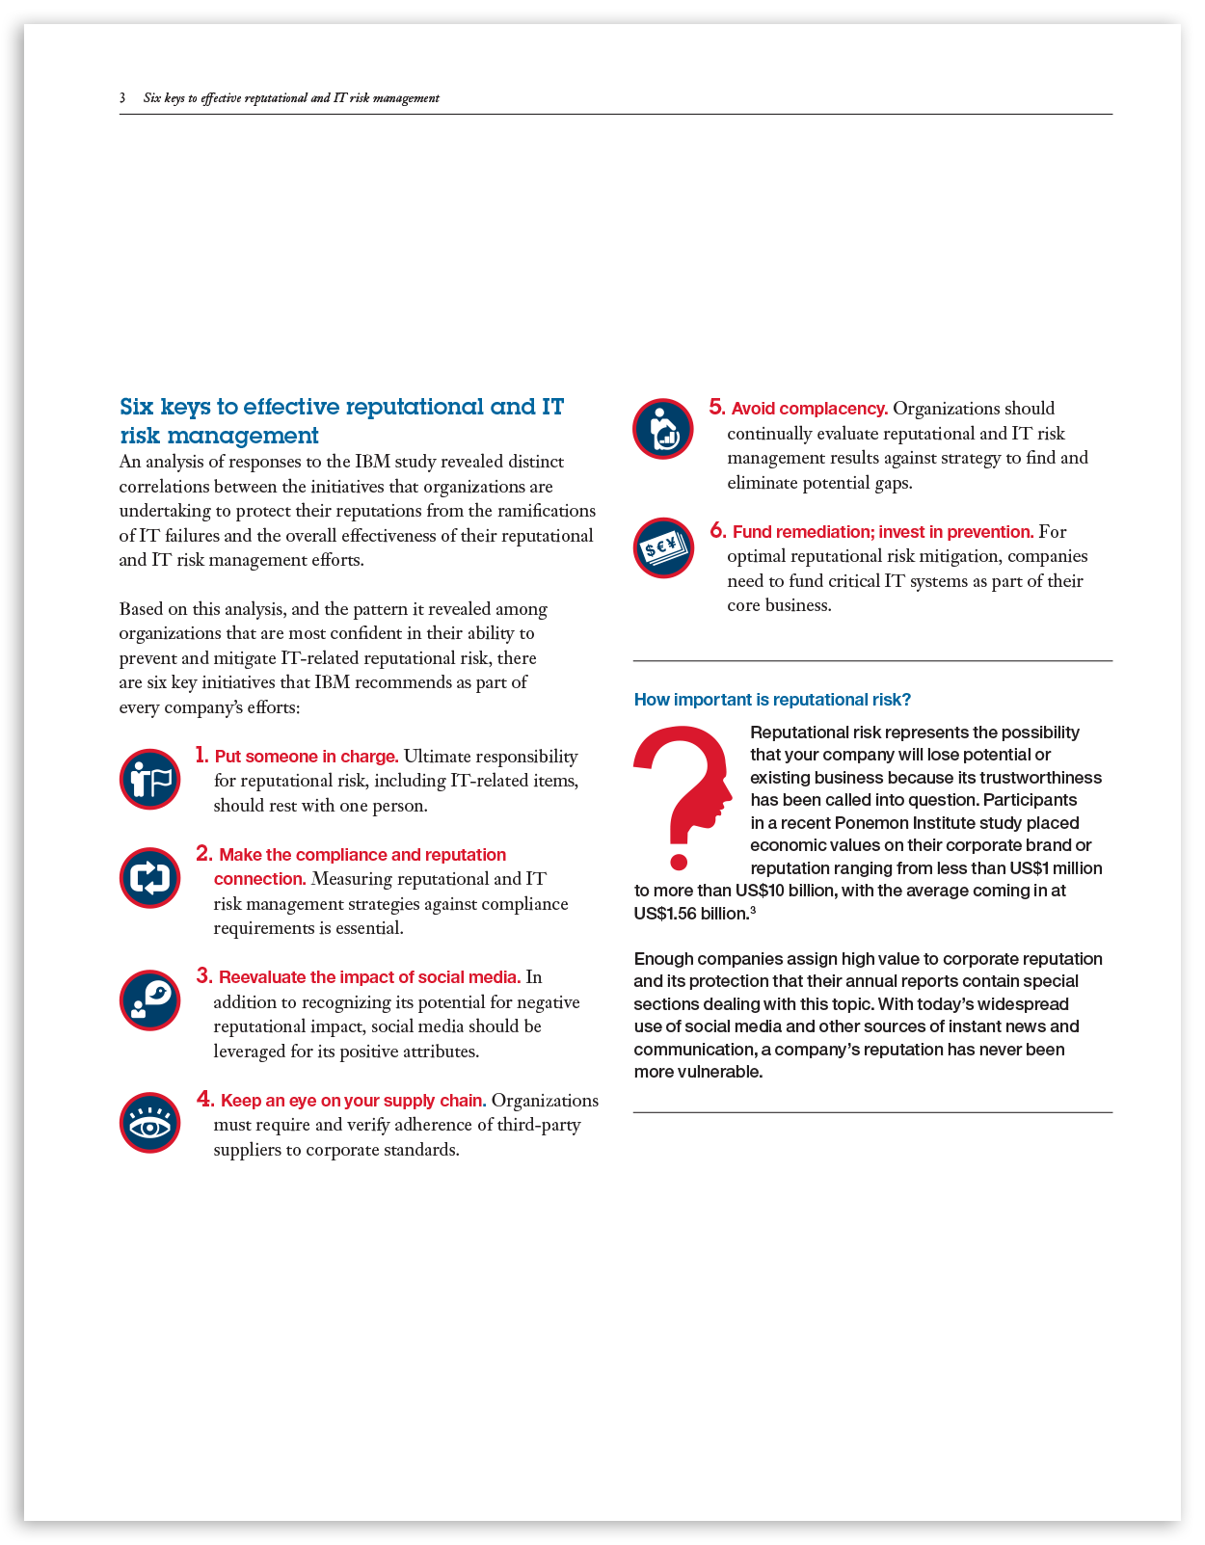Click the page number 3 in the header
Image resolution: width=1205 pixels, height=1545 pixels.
point(122,97)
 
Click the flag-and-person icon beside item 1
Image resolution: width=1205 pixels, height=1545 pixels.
point(149,779)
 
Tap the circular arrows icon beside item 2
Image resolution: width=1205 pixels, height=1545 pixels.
point(149,877)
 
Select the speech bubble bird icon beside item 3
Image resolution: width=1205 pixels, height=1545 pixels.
point(149,999)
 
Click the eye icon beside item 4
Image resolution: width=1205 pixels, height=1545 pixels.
point(149,1122)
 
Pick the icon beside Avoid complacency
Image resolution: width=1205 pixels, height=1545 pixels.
point(662,429)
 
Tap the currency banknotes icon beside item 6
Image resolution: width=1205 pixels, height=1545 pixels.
point(662,548)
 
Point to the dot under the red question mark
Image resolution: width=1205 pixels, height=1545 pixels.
point(679,861)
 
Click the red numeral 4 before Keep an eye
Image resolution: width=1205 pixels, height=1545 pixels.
point(204,1099)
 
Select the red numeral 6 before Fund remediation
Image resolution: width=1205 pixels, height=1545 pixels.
point(717,530)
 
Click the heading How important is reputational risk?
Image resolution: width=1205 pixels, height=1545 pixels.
point(772,700)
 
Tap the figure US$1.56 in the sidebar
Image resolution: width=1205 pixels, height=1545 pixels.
point(665,914)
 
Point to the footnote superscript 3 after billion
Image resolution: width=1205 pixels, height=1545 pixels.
point(753,910)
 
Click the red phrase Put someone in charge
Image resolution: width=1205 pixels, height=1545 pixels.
point(307,757)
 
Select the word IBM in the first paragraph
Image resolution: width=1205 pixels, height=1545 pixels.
point(372,462)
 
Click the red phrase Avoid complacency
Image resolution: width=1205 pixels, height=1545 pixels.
point(809,409)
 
